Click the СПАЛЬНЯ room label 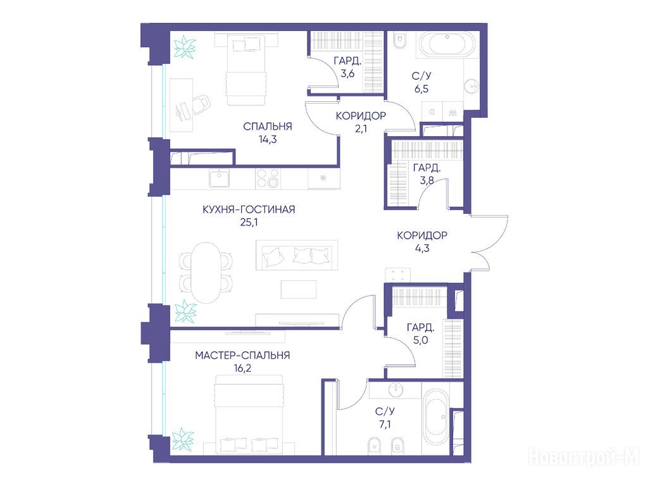[268, 127]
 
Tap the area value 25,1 [249, 222]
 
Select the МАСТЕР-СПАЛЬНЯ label [242, 356]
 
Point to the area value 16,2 [242, 368]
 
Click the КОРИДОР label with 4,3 [422, 235]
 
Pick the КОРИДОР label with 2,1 [361, 116]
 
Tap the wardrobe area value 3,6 [347, 75]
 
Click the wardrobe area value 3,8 [427, 180]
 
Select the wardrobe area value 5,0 [420, 340]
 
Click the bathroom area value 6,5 [421, 89]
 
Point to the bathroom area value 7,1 [385, 425]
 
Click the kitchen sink [218, 179]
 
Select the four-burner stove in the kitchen [267, 178]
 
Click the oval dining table [206, 272]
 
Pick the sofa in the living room [297, 255]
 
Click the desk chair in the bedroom [201, 104]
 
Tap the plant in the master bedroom [183, 439]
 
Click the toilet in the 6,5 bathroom [399, 40]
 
